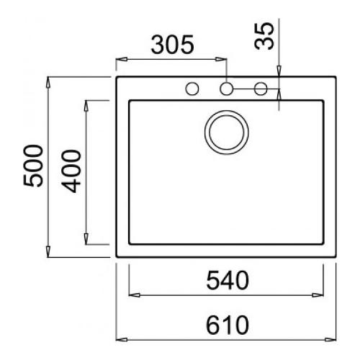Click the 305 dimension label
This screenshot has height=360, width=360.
(172, 45)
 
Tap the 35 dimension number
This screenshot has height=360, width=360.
(264, 36)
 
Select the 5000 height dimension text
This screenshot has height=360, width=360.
(33, 166)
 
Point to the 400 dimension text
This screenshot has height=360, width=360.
(71, 171)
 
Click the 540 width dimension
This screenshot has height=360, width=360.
(228, 280)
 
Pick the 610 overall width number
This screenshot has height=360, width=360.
(228, 325)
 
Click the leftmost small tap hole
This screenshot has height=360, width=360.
(192, 89)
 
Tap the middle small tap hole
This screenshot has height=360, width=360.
(226, 89)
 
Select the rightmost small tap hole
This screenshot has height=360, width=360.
(261, 89)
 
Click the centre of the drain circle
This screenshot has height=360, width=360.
(227, 132)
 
